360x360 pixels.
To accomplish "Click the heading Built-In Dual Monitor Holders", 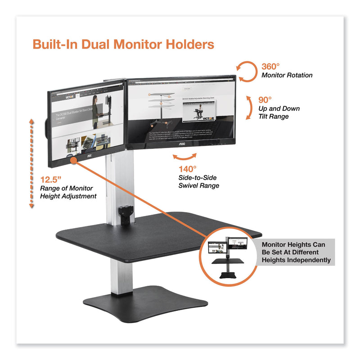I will (x=123, y=45).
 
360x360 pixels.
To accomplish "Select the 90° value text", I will (x=266, y=99).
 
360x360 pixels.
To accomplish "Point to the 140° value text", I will (x=187, y=169).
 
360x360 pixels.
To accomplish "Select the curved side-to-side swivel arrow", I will (x=185, y=157).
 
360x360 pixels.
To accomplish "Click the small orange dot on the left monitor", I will (x=73, y=159).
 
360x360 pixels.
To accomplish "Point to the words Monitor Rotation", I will (x=287, y=76).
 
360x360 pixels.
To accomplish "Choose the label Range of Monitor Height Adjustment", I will (x=68, y=192).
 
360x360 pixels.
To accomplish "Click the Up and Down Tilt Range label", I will (x=279, y=112).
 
